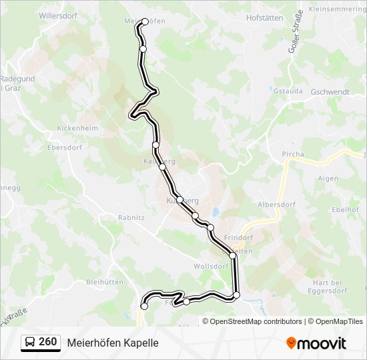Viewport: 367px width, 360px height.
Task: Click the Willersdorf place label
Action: tap(58, 14)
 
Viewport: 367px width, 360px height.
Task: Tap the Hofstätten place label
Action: tap(264, 18)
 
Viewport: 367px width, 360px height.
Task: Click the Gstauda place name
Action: tap(288, 91)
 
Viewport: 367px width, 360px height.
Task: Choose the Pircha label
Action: tap(293, 154)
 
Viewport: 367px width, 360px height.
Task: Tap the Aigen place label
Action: tap(328, 179)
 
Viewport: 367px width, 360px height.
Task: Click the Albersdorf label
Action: tap(276, 205)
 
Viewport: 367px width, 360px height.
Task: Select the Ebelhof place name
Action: tap(345, 209)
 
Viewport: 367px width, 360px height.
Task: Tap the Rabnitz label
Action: tap(131, 217)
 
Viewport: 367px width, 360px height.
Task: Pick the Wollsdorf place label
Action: tap(210, 265)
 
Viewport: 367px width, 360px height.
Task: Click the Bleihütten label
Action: tap(105, 282)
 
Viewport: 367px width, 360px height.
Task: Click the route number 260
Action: tap(47, 342)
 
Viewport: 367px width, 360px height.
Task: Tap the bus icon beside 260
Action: tap(30, 343)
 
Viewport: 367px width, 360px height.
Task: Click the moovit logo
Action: tap(316, 343)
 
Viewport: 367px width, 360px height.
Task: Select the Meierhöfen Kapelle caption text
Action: tap(113, 343)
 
